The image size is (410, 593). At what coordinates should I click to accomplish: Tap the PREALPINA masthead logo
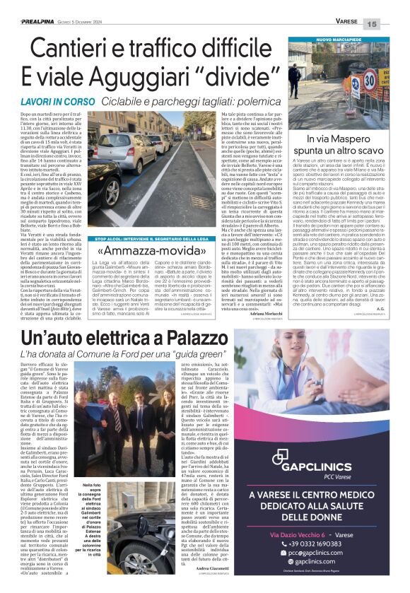[41, 24]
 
